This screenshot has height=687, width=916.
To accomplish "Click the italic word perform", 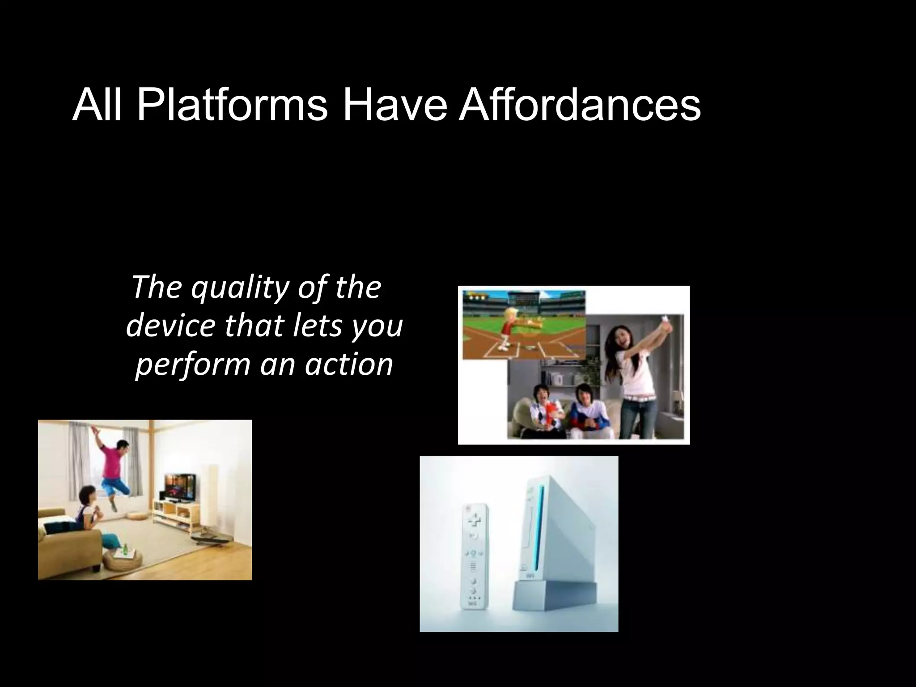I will tap(192, 365).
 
